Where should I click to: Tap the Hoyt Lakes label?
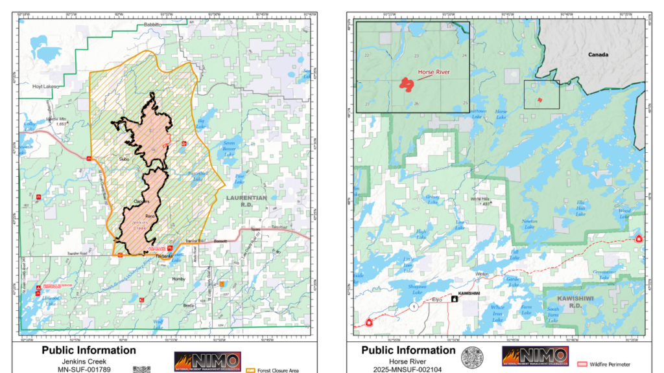pyautogui.click(x=45, y=86)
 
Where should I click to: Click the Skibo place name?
pyautogui.click(x=125, y=158)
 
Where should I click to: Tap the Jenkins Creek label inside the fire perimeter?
pyautogui.click(x=141, y=225)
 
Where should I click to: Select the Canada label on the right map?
pyautogui.click(x=598, y=55)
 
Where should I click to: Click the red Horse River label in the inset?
pyautogui.click(x=434, y=72)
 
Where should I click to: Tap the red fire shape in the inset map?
pyautogui.click(x=407, y=84)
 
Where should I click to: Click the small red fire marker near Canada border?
pyautogui.click(x=539, y=100)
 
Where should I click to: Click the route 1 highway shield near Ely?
pyautogui.click(x=412, y=305)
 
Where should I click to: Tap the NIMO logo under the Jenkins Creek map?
pyautogui.click(x=207, y=361)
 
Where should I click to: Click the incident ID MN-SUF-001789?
pyautogui.click(x=88, y=370)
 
